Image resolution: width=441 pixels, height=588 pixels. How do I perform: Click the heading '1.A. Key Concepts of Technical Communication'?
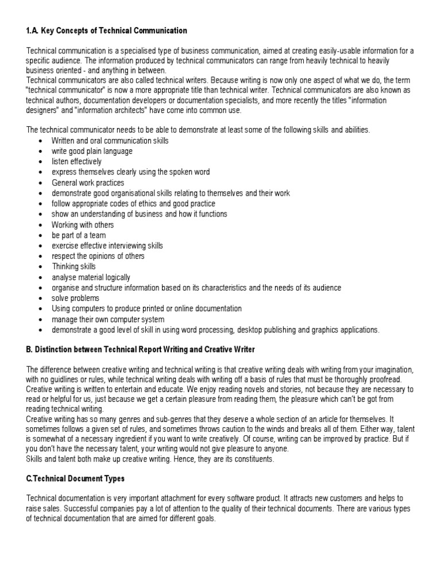pos(107,30)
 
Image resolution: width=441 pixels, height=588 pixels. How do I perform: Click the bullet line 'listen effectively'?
pos(76,161)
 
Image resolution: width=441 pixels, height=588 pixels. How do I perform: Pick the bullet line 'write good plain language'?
pos(92,151)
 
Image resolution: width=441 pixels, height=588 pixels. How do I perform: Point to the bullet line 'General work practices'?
pos(87,183)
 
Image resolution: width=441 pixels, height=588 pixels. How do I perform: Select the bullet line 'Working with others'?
pos(83,225)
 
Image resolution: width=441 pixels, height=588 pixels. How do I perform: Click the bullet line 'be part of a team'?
pos(79,235)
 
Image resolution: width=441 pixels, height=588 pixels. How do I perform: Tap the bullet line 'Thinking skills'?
pos(73,266)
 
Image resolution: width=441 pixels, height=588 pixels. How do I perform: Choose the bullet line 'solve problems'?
pos(75,298)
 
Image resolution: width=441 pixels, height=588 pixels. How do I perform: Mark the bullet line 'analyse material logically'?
pos(91,277)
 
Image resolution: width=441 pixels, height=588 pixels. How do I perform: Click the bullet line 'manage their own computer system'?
pos(108,319)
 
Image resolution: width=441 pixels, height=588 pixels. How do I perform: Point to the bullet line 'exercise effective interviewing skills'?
pos(107,246)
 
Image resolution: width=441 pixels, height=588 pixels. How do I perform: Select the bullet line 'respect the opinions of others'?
pos(98,256)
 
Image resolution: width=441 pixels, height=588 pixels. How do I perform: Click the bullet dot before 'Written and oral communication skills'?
pos(40,141)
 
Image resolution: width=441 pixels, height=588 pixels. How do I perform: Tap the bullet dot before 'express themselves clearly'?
pos(40,172)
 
